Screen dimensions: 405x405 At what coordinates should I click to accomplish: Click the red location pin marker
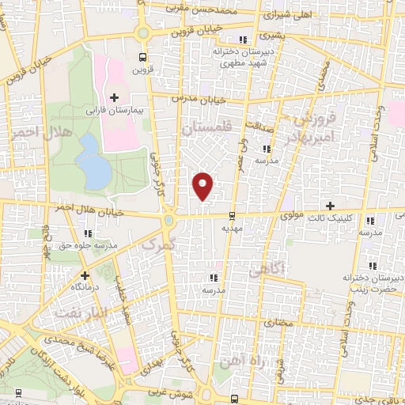[203, 186]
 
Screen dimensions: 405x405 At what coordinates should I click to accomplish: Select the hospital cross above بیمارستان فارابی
[114, 98]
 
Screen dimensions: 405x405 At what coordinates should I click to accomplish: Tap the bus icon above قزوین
[142, 57]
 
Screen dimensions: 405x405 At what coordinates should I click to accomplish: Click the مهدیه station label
[230, 228]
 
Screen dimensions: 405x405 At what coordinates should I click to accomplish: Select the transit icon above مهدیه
[231, 216]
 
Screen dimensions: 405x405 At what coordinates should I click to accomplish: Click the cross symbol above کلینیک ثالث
[330, 206]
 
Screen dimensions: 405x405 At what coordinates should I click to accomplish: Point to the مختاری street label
[277, 323]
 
